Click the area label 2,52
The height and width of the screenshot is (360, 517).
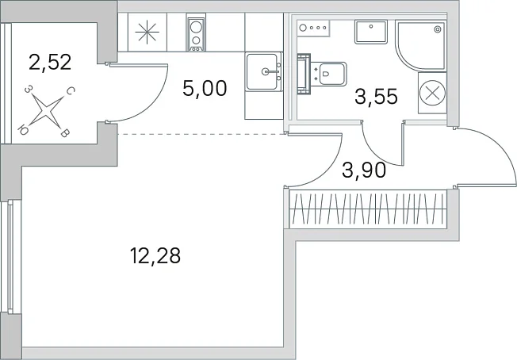click(x=50, y=63)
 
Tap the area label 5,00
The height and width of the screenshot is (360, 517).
click(x=205, y=88)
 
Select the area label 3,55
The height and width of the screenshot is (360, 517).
click(x=376, y=97)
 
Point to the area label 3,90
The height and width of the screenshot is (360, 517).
click(x=364, y=170)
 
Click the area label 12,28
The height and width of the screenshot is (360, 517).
click(x=155, y=256)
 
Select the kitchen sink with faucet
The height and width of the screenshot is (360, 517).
click(x=264, y=71)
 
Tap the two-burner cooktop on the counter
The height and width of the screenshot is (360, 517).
click(x=196, y=33)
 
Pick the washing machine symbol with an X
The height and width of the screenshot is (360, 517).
click(x=432, y=93)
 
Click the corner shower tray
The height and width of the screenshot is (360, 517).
click(x=421, y=45)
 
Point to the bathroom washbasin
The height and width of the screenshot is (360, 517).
click(x=371, y=32)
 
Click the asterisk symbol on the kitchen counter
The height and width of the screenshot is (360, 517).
click(x=147, y=32)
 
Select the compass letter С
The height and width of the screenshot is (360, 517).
click(x=71, y=91)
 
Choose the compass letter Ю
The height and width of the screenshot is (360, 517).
click(x=22, y=131)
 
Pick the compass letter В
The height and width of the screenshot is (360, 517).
click(x=66, y=133)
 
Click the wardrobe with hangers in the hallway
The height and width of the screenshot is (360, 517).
click(x=368, y=209)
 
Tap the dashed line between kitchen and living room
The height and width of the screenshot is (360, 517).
click(x=201, y=134)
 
